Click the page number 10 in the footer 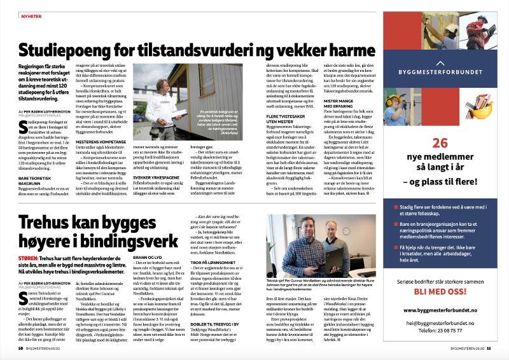pos(21,348)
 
